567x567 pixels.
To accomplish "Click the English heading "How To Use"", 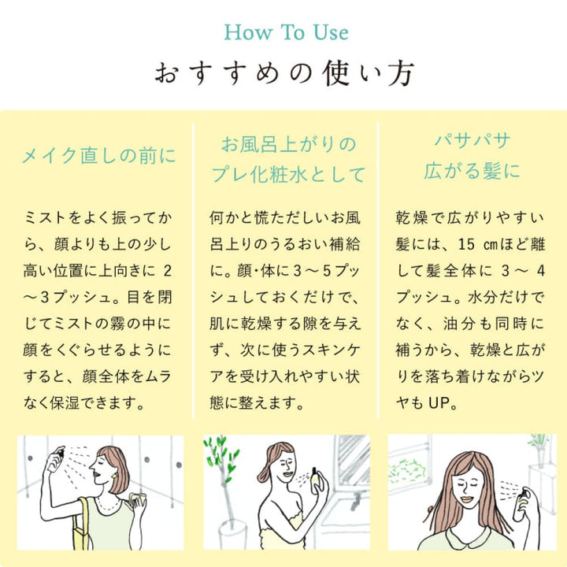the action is click(x=286, y=32).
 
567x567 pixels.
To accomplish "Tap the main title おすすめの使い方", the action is click(x=284, y=73).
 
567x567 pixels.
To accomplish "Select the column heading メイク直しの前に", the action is click(x=98, y=156).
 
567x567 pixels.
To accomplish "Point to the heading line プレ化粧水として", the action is click(x=288, y=174).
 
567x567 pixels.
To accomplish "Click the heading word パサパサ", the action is click(x=472, y=140).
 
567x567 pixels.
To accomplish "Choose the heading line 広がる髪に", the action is click(x=472, y=171).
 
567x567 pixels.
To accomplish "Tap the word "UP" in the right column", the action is click(x=439, y=402).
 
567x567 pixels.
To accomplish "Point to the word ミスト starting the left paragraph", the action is click(x=45, y=217).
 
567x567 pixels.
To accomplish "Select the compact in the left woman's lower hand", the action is click(x=137, y=499).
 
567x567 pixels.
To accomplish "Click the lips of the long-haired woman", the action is click(x=467, y=499).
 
